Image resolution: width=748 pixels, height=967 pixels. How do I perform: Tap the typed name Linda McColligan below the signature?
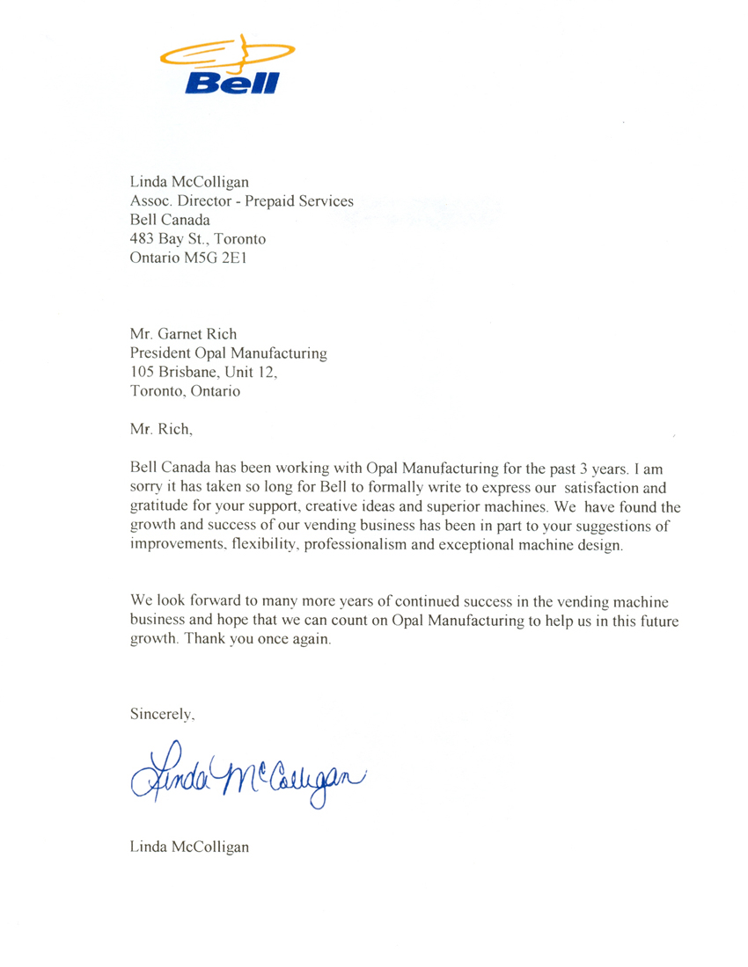tap(189, 847)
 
